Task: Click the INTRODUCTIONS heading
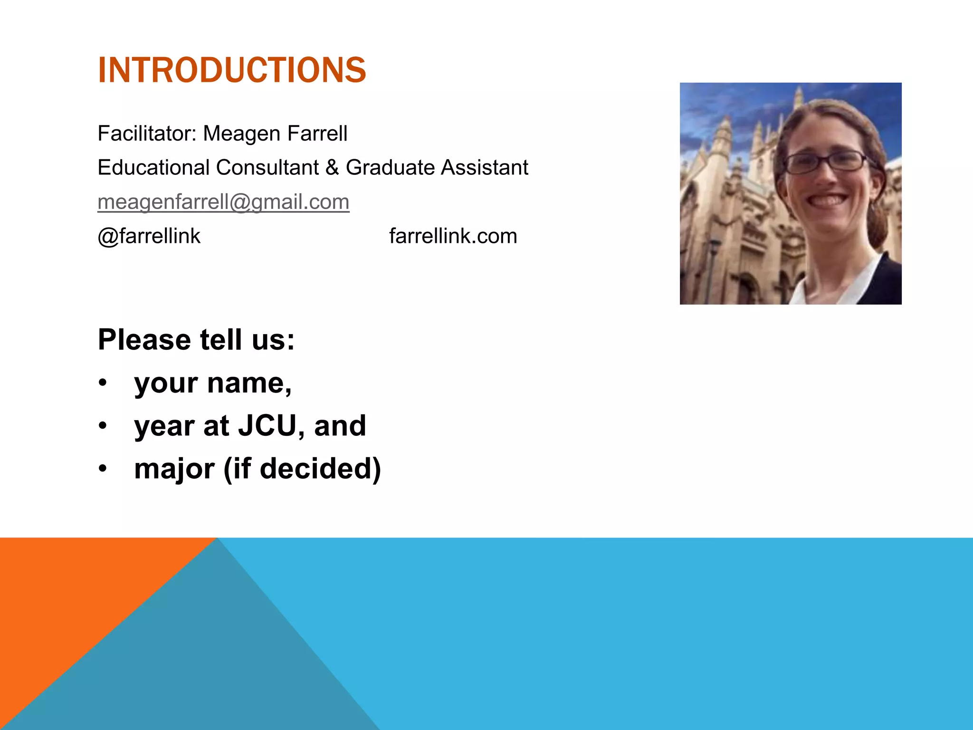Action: pos(232,70)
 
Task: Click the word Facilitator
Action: pos(146,134)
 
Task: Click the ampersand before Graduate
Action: pos(332,168)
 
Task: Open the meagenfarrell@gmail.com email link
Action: pos(223,202)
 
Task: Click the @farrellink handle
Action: pos(149,236)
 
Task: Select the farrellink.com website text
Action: pos(453,236)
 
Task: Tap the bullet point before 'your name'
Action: pos(103,383)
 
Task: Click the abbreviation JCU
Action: pos(267,426)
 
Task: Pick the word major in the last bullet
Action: pos(174,469)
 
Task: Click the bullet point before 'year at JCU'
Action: pos(103,426)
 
